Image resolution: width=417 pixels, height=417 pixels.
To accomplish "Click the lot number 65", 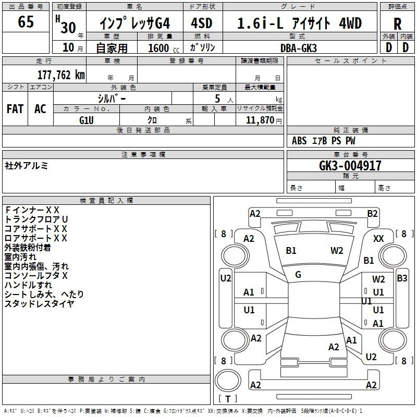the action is (26, 21).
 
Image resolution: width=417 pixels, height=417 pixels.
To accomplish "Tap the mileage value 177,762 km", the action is (61, 75).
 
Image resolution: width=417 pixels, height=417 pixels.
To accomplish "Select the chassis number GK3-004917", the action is (350, 165).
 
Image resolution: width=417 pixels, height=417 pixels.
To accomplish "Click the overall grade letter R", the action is (397, 24).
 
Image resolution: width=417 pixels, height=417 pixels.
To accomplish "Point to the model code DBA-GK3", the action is (298, 48).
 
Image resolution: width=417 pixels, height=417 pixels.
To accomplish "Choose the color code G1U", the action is (87, 120).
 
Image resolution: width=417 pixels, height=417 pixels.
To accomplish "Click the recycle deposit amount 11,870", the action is (260, 120).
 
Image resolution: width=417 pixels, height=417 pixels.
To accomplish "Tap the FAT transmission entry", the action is (15, 109).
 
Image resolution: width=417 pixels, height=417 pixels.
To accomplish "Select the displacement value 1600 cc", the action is (164, 48).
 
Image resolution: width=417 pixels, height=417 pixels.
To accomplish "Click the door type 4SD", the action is (202, 23).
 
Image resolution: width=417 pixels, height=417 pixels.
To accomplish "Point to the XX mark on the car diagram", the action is (378, 239).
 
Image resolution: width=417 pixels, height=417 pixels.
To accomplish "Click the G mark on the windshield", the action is (298, 275).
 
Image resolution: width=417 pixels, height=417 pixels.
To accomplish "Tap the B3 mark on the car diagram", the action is (402, 278).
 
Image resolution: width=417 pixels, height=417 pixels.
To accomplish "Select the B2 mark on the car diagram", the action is (372, 214).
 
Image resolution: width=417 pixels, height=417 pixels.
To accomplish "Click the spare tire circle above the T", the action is (228, 381).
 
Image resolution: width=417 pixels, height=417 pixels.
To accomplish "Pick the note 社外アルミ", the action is (27, 166).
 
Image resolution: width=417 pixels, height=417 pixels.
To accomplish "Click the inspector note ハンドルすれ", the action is (28, 285).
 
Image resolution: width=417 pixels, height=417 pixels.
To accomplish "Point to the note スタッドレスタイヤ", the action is (40, 303).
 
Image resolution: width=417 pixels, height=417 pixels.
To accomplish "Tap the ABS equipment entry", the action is (299, 141).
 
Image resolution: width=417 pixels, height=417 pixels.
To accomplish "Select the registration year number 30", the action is (68, 28).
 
